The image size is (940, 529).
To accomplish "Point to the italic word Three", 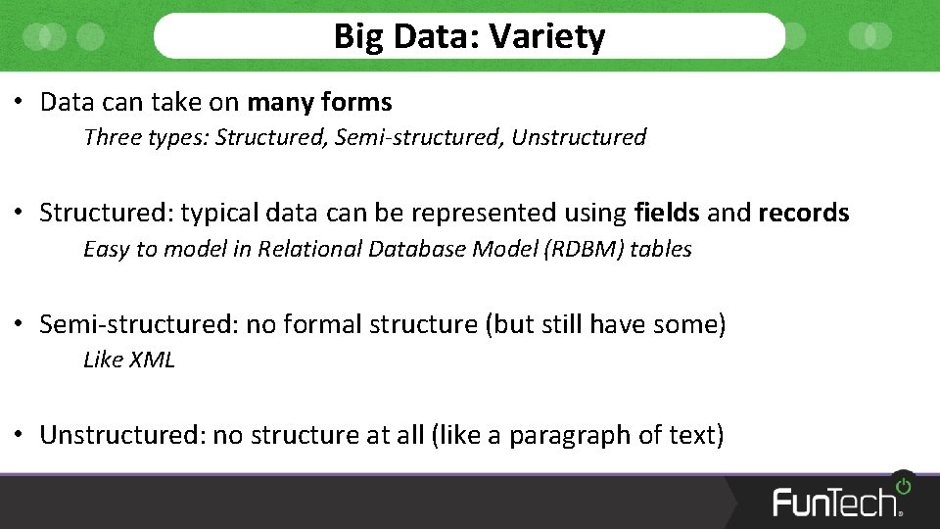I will tap(113, 137).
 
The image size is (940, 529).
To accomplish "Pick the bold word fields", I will tap(667, 213).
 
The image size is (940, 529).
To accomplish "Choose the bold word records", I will tap(803, 213).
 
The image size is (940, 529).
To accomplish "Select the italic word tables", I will tap(661, 249).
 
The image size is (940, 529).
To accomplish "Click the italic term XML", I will tap(153, 360).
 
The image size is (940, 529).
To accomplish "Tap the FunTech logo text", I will tap(836, 502).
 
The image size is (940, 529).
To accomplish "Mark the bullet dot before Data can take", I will tap(20, 102).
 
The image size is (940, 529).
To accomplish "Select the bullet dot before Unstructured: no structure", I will tap(20, 435).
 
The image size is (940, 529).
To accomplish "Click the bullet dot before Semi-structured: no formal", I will tap(20, 324).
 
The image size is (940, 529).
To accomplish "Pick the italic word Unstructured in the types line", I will tap(579, 137).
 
